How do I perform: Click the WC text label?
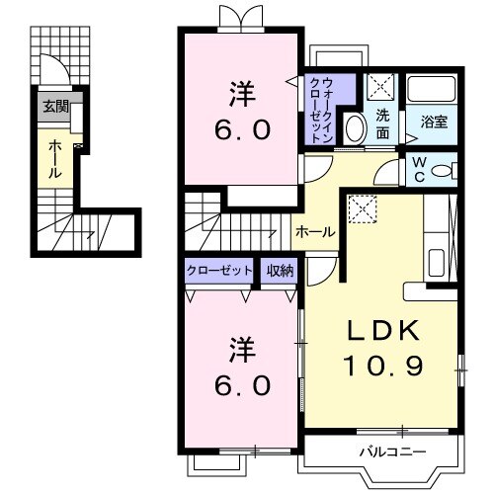tap(417, 170)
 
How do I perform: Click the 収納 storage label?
tap(280, 270)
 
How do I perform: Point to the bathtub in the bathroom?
tap(433, 93)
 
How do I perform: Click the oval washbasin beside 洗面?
tap(354, 128)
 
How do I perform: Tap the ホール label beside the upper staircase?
tap(315, 232)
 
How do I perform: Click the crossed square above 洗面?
tap(381, 87)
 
